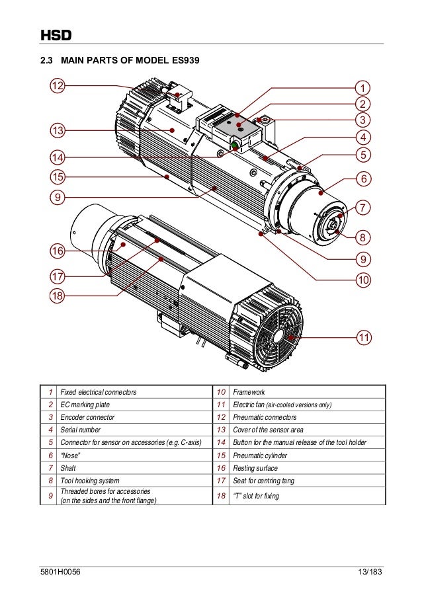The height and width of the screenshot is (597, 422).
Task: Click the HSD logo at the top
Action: (56, 35)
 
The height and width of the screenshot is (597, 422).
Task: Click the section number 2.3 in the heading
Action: (48, 61)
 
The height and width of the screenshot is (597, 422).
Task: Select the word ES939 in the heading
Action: (185, 61)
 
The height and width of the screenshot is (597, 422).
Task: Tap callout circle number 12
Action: (58, 86)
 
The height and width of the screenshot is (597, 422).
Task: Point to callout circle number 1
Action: (363, 87)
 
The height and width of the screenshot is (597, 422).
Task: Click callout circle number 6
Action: (363, 179)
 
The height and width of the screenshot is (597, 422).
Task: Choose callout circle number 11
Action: (363, 338)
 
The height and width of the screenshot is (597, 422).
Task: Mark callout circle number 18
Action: (58, 296)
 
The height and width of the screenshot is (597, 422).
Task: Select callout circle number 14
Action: (58, 157)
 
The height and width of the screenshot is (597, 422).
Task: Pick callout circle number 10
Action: (363, 280)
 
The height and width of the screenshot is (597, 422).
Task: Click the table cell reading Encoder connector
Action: (87, 417)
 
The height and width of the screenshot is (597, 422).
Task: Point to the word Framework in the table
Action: (249, 392)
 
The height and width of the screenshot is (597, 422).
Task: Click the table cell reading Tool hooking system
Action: (90, 480)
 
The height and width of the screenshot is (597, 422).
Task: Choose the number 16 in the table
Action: (221, 467)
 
